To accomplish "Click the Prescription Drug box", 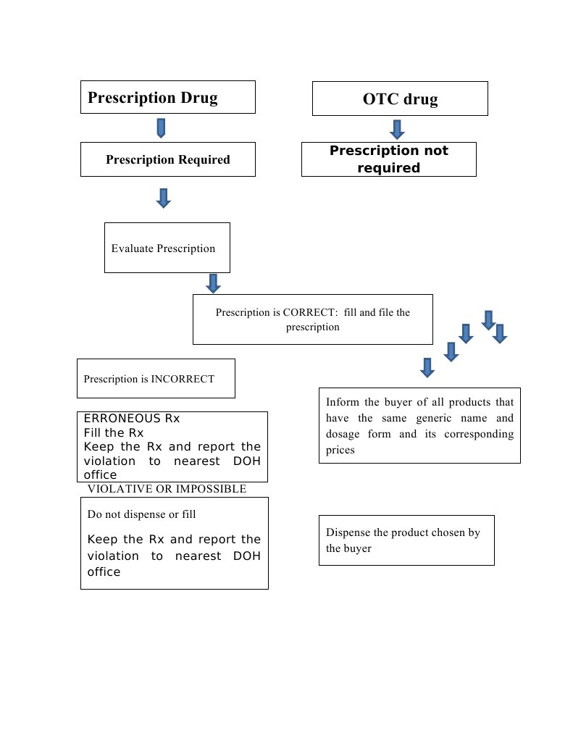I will pyautogui.click(x=167, y=97).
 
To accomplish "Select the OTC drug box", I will pyautogui.click(x=400, y=99).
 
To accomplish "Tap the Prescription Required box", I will pyautogui.click(x=167, y=159).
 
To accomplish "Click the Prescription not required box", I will pyautogui.click(x=388, y=159).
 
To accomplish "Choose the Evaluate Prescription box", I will pyautogui.click(x=167, y=248).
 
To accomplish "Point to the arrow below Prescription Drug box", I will pyautogui.click(x=161, y=129).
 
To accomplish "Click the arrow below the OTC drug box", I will pyautogui.click(x=396, y=130).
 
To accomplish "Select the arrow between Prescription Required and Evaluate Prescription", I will pyautogui.click(x=164, y=198).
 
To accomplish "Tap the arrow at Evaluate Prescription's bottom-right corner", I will pyautogui.click(x=213, y=283).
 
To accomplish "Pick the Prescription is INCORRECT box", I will pyautogui.click(x=156, y=378).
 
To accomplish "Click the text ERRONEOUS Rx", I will pyautogui.click(x=132, y=419).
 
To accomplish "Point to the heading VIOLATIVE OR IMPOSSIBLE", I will pyautogui.click(x=167, y=489).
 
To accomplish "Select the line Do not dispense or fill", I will pyautogui.click(x=141, y=514).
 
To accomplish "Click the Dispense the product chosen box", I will pyautogui.click(x=406, y=540).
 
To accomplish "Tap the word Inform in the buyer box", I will pyautogui.click(x=342, y=402).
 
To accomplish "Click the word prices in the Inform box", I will pyautogui.click(x=340, y=450).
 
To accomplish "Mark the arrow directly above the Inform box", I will pyautogui.click(x=427, y=367).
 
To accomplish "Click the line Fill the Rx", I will pyautogui.click(x=114, y=432).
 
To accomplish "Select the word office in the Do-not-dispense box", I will pyautogui.click(x=104, y=572).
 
